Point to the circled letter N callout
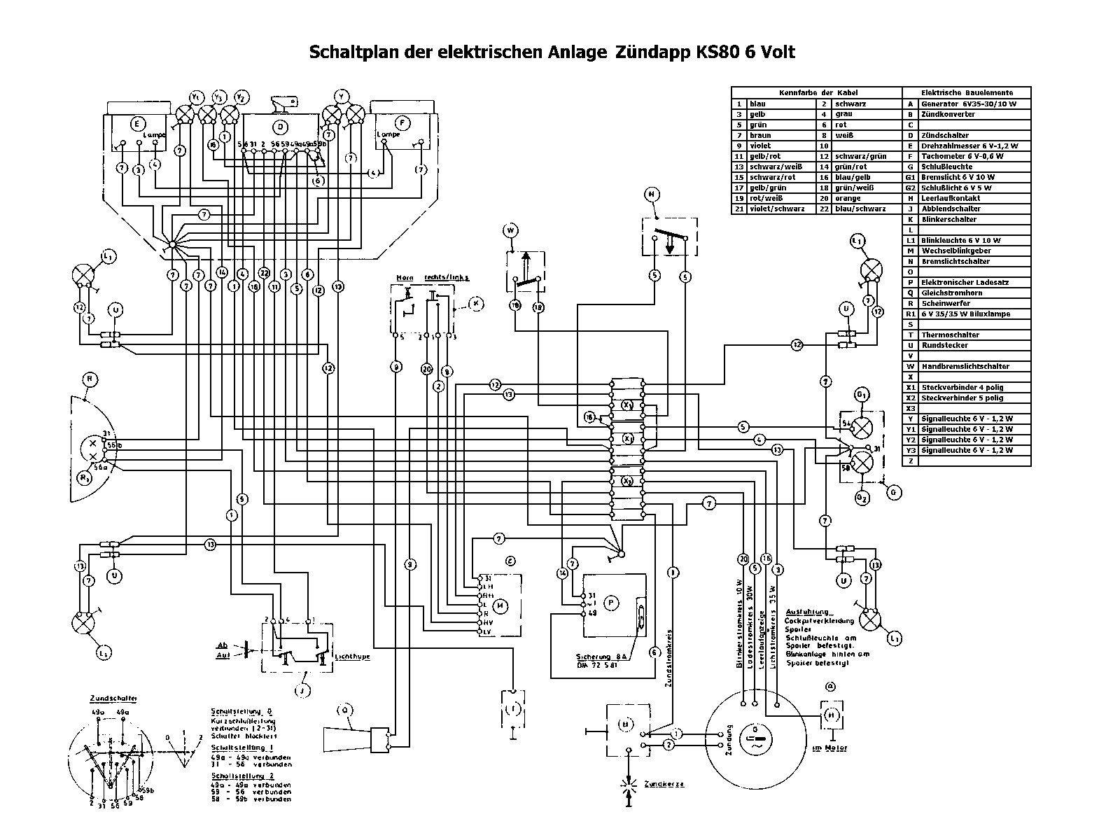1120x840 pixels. point(652,195)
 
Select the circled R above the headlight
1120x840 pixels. point(90,379)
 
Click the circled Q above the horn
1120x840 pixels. point(344,710)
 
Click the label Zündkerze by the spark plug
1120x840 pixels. point(664,784)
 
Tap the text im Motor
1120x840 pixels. point(829,748)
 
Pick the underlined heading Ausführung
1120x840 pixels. point(807,612)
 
